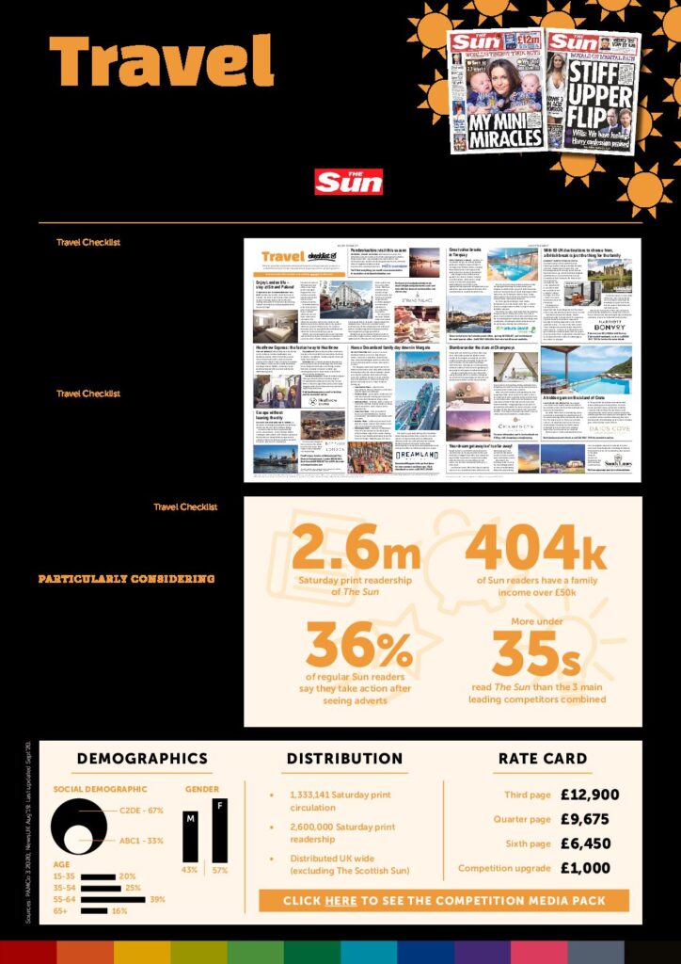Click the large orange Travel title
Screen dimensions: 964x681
point(161,61)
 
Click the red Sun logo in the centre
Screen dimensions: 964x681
point(348,182)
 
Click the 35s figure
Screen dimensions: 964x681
point(537,653)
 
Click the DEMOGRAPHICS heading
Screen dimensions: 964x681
point(142,759)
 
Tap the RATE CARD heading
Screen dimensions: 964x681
point(543,759)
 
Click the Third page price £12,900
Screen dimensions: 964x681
point(589,795)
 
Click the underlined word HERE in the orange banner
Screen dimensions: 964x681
point(340,901)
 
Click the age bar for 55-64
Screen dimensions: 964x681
point(113,899)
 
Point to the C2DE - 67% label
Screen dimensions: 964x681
point(142,811)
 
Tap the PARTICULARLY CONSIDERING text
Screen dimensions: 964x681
point(126,579)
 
